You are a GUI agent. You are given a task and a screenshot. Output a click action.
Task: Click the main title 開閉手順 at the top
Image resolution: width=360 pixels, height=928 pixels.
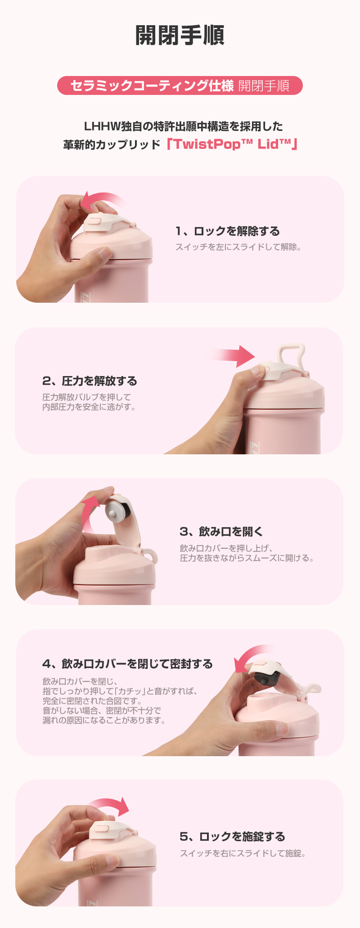[x=180, y=36]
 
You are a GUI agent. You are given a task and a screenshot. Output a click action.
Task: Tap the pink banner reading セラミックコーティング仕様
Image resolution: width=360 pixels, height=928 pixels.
[x=152, y=85]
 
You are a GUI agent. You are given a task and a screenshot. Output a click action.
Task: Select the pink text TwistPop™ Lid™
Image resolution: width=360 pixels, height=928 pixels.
[x=232, y=144]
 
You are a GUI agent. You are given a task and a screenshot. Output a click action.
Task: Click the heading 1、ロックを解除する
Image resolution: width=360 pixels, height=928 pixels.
[x=228, y=231]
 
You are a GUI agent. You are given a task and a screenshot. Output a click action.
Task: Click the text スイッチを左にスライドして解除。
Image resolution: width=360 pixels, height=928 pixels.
[x=238, y=247]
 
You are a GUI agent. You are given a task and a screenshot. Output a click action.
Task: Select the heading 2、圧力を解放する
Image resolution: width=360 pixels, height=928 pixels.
[x=90, y=381]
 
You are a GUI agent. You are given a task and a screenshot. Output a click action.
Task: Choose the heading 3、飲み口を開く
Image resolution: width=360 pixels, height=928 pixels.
[x=221, y=532]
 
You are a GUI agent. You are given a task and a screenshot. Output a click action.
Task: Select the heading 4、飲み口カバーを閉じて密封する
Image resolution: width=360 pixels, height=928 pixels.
[x=127, y=664]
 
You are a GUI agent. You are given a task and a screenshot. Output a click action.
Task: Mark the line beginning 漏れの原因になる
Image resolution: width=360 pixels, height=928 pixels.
[x=104, y=720]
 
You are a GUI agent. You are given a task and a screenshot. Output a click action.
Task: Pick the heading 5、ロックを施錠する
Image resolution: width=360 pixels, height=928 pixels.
[x=232, y=837]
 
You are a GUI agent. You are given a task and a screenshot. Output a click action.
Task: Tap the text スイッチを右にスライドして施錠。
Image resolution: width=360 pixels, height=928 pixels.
[x=243, y=853]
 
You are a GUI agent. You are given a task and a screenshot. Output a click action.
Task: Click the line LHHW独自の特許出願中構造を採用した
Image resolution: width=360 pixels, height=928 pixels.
[x=184, y=126]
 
